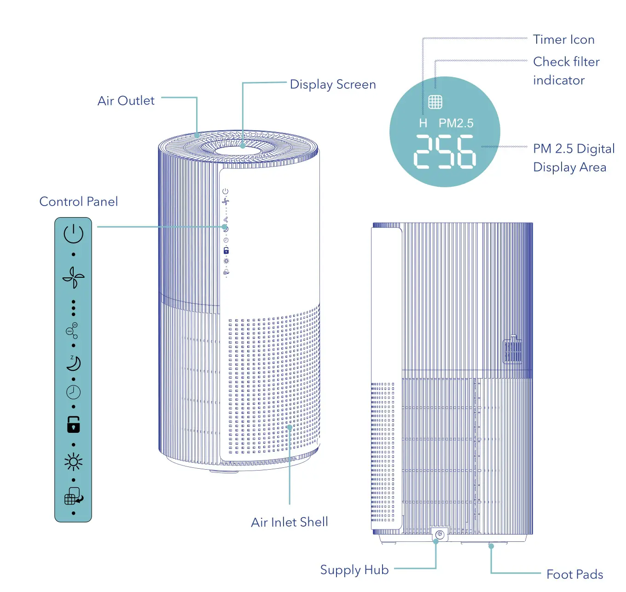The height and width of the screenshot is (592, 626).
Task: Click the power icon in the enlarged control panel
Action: [x=73, y=234]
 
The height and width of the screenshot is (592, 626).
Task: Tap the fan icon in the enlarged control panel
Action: [x=74, y=277]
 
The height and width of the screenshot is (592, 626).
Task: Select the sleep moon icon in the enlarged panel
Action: [x=73, y=363]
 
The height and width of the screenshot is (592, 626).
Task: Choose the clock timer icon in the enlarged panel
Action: [x=73, y=392]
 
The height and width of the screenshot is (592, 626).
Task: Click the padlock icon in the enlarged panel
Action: [x=73, y=425]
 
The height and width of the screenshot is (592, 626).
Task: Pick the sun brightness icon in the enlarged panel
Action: [x=73, y=462]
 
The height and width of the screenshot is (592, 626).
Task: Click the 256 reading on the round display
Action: [x=445, y=151]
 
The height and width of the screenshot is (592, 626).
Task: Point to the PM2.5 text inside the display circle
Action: [x=456, y=123]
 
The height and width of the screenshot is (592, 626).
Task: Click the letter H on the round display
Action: [x=423, y=123]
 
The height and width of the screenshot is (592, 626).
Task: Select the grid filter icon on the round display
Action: [x=435, y=102]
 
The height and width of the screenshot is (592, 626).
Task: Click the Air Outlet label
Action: [x=126, y=101]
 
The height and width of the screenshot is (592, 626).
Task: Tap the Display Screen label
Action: [x=333, y=85]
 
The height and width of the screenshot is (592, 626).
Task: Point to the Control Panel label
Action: [x=79, y=201]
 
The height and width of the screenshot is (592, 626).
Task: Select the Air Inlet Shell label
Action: [x=290, y=522]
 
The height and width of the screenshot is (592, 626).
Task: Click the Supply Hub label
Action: [x=354, y=570]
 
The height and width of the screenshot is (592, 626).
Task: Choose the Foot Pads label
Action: [x=574, y=575]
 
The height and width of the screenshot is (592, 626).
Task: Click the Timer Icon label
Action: [x=564, y=40]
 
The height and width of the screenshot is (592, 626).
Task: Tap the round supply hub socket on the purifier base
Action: [x=440, y=534]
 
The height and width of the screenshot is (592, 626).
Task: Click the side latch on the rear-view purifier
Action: [x=512, y=350]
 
